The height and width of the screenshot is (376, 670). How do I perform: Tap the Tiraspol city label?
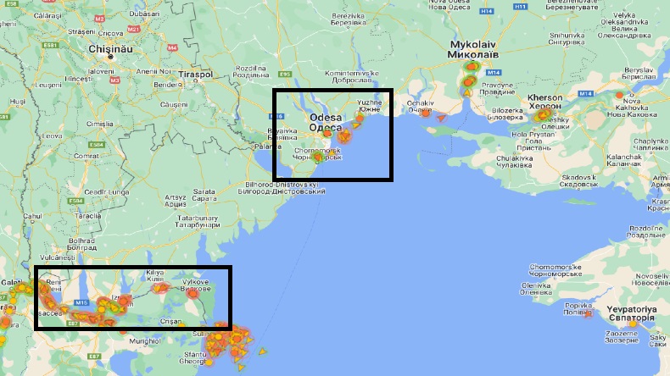click(x=196, y=75)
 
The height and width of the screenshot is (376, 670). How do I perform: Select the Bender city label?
click(x=166, y=85)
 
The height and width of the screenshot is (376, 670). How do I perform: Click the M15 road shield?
click(x=82, y=301)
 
